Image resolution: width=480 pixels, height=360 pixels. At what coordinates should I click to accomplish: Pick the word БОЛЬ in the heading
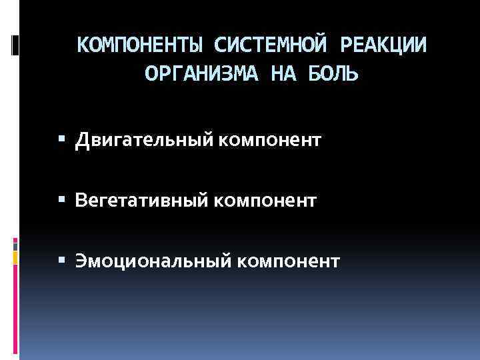tap(333, 74)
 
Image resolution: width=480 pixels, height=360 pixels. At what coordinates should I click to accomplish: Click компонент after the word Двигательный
tap(269, 141)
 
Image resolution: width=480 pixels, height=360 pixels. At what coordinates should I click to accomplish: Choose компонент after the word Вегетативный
tap(263, 200)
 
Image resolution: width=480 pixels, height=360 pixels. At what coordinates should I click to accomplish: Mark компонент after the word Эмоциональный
tap(287, 260)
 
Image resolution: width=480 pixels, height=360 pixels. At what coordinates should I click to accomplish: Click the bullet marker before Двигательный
tap(63, 141)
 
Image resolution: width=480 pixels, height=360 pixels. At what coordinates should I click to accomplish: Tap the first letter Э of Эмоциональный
tap(81, 260)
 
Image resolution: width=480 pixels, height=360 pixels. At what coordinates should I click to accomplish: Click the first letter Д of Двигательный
tap(82, 141)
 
